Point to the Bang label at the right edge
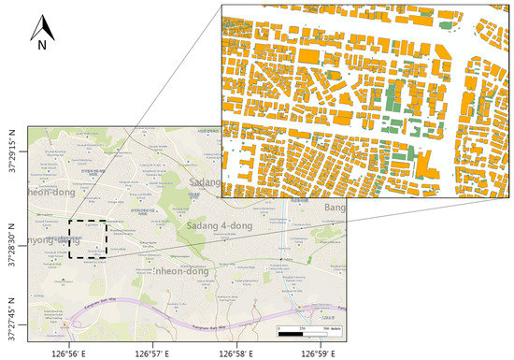click(x=334, y=207)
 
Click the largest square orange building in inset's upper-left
click(x=308, y=56)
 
